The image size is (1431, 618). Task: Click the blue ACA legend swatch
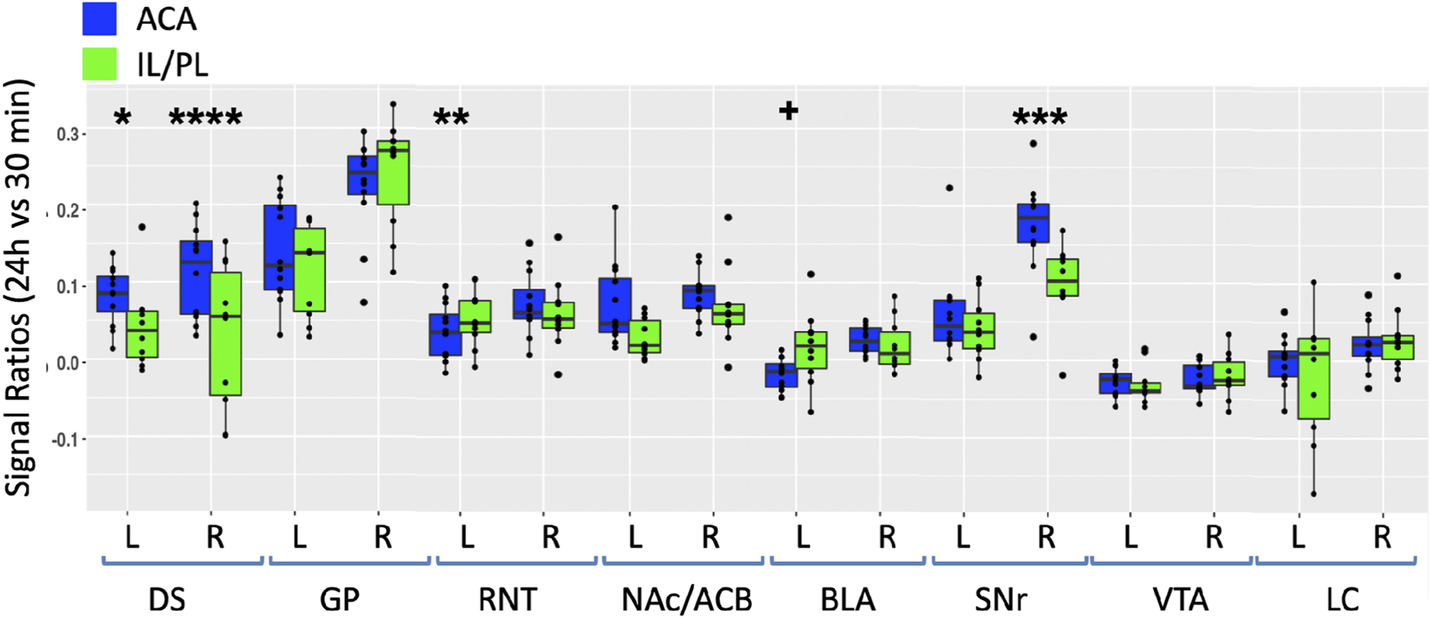100,20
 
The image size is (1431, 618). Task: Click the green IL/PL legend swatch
100,64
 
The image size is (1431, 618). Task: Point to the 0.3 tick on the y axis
69,134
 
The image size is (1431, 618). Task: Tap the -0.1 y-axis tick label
64,439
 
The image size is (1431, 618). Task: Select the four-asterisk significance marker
205,117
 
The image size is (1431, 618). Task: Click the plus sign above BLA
789,110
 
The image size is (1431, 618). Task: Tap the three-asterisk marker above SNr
1039,118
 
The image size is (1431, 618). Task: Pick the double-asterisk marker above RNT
451,118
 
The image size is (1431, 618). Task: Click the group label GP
339,598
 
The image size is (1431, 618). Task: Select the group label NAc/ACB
687,598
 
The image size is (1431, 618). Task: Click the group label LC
1341,598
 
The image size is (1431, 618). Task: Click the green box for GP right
393,173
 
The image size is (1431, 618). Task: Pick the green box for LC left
1313,378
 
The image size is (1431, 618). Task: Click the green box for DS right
226,334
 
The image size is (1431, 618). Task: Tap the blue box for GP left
280,247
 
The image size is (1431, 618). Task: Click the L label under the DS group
131,538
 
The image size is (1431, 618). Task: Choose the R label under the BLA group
887,538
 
